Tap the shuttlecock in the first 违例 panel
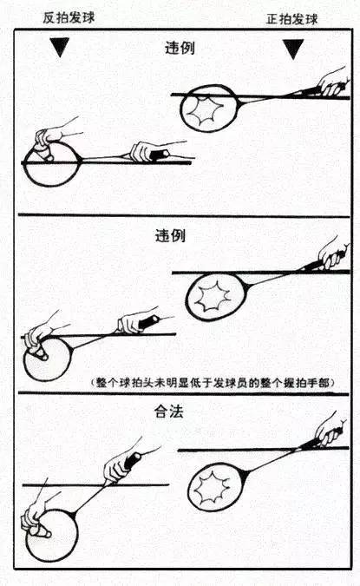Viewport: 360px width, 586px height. (x=43, y=154)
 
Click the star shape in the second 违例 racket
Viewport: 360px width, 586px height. (x=211, y=296)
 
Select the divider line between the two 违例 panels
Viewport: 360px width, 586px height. (x=180, y=215)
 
